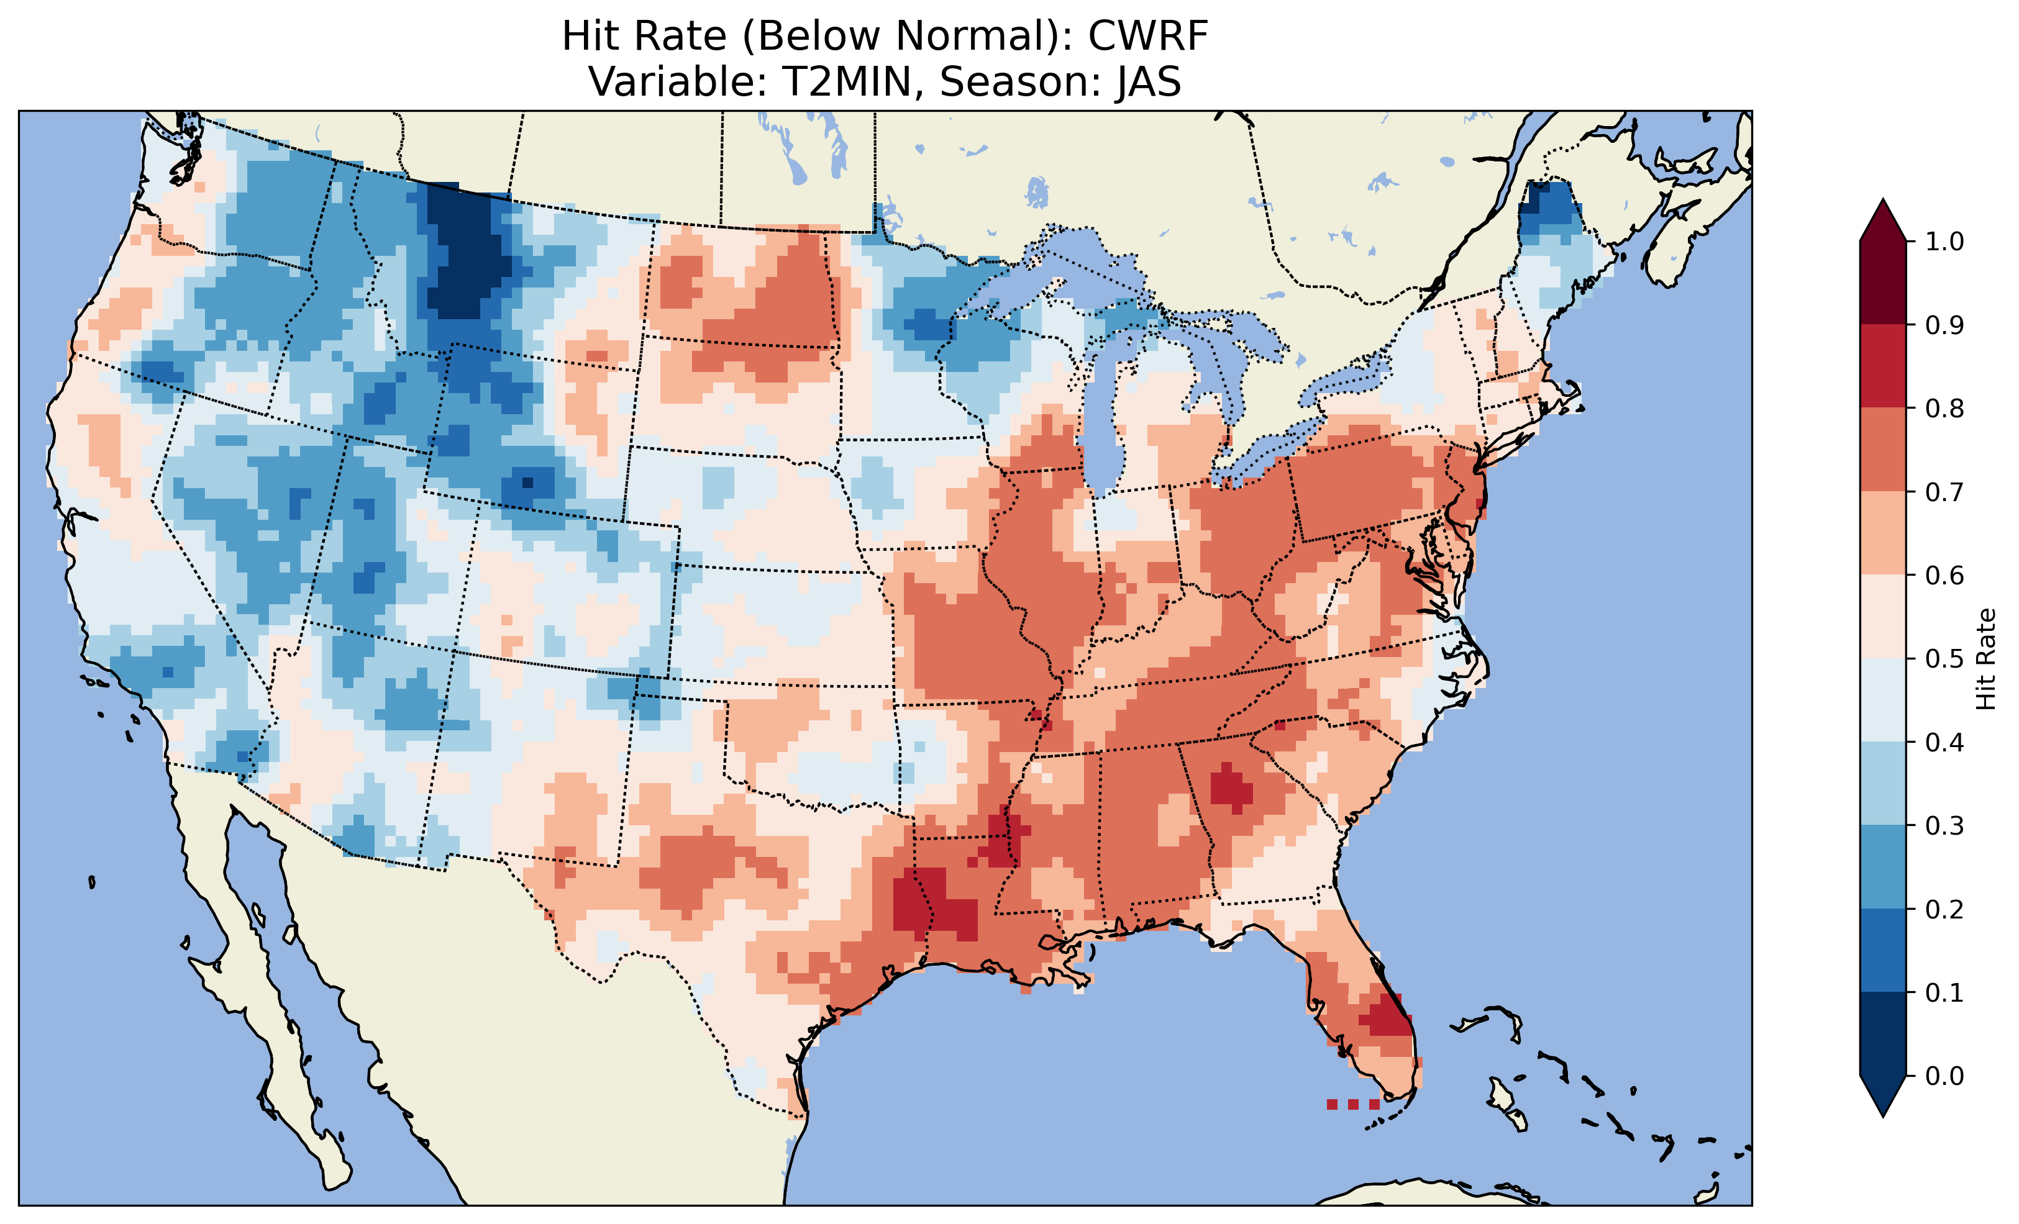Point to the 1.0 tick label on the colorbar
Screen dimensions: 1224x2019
click(1944, 242)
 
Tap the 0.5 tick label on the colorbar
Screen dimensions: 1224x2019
click(1944, 659)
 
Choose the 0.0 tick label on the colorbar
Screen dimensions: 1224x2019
click(1944, 1076)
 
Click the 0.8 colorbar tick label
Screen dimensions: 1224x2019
click(1944, 408)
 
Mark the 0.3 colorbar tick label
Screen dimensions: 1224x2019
click(1944, 826)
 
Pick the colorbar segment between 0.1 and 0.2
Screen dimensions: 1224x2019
click(1883, 950)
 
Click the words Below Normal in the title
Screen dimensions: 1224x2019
click(901, 37)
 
